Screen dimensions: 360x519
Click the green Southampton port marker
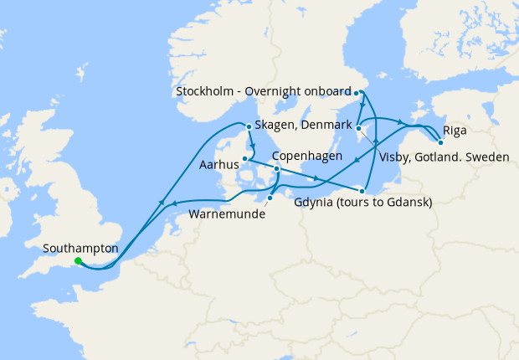coord(78,261)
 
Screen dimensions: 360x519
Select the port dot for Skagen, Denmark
coord(248,127)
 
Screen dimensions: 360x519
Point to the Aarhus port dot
coord(244,157)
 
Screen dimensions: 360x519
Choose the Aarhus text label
coord(219,167)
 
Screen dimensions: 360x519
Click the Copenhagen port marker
coord(277,168)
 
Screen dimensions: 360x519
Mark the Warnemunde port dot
coord(270,198)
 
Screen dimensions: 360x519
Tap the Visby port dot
coord(357,128)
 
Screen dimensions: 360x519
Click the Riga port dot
coord(440,142)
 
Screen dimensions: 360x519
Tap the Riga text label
coord(455,131)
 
